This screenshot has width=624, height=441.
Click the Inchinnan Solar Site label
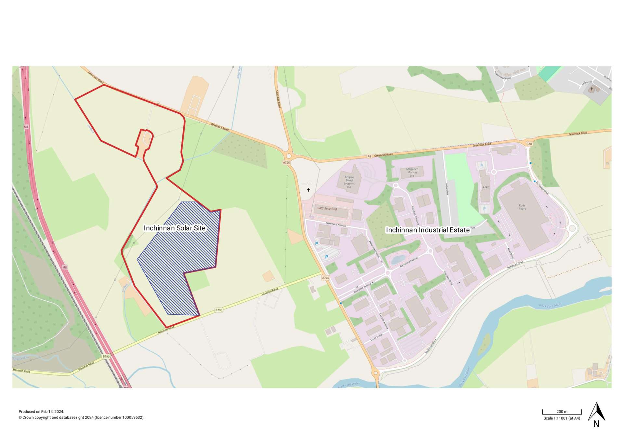(x=175, y=228)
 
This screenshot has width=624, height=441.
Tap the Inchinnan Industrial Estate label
(x=428, y=230)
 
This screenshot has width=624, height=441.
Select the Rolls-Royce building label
(x=522, y=207)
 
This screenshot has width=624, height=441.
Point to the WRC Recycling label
(x=327, y=208)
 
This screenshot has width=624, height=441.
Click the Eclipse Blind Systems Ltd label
(x=349, y=182)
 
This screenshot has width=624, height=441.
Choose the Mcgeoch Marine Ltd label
(x=412, y=172)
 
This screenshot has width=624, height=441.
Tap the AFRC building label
(x=486, y=187)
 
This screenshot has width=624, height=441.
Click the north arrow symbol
(x=596, y=412)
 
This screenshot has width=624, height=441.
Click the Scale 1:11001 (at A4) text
(x=562, y=418)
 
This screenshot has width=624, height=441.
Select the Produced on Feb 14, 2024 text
(x=41, y=412)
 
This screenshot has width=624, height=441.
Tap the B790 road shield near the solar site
(x=219, y=310)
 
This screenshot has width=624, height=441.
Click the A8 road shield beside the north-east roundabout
(x=530, y=144)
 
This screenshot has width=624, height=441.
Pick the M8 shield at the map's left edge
(x=26, y=127)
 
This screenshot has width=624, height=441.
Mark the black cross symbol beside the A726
(x=308, y=190)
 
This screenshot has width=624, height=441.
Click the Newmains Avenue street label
(x=336, y=224)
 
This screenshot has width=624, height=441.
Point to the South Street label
(x=377, y=337)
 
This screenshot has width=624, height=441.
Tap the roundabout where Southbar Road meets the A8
(x=289, y=156)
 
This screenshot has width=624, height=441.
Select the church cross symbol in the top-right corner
(x=592, y=89)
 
